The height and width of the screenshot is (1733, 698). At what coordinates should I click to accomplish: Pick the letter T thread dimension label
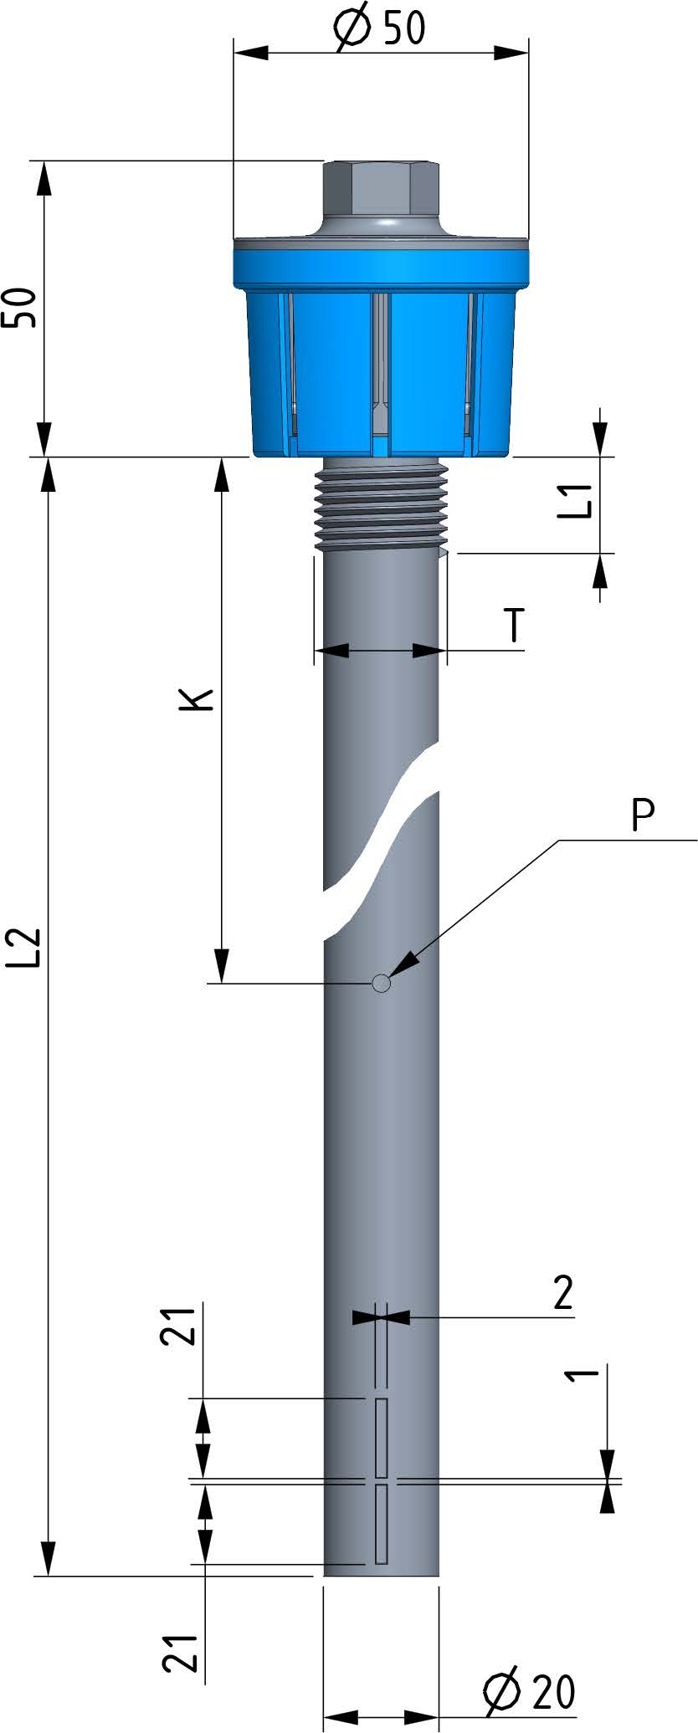click(515, 626)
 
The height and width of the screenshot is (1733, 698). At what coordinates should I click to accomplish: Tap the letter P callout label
click(643, 815)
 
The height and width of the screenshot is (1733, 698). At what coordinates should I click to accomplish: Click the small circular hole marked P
click(382, 983)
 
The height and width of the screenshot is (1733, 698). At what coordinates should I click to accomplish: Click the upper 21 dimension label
click(179, 1324)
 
